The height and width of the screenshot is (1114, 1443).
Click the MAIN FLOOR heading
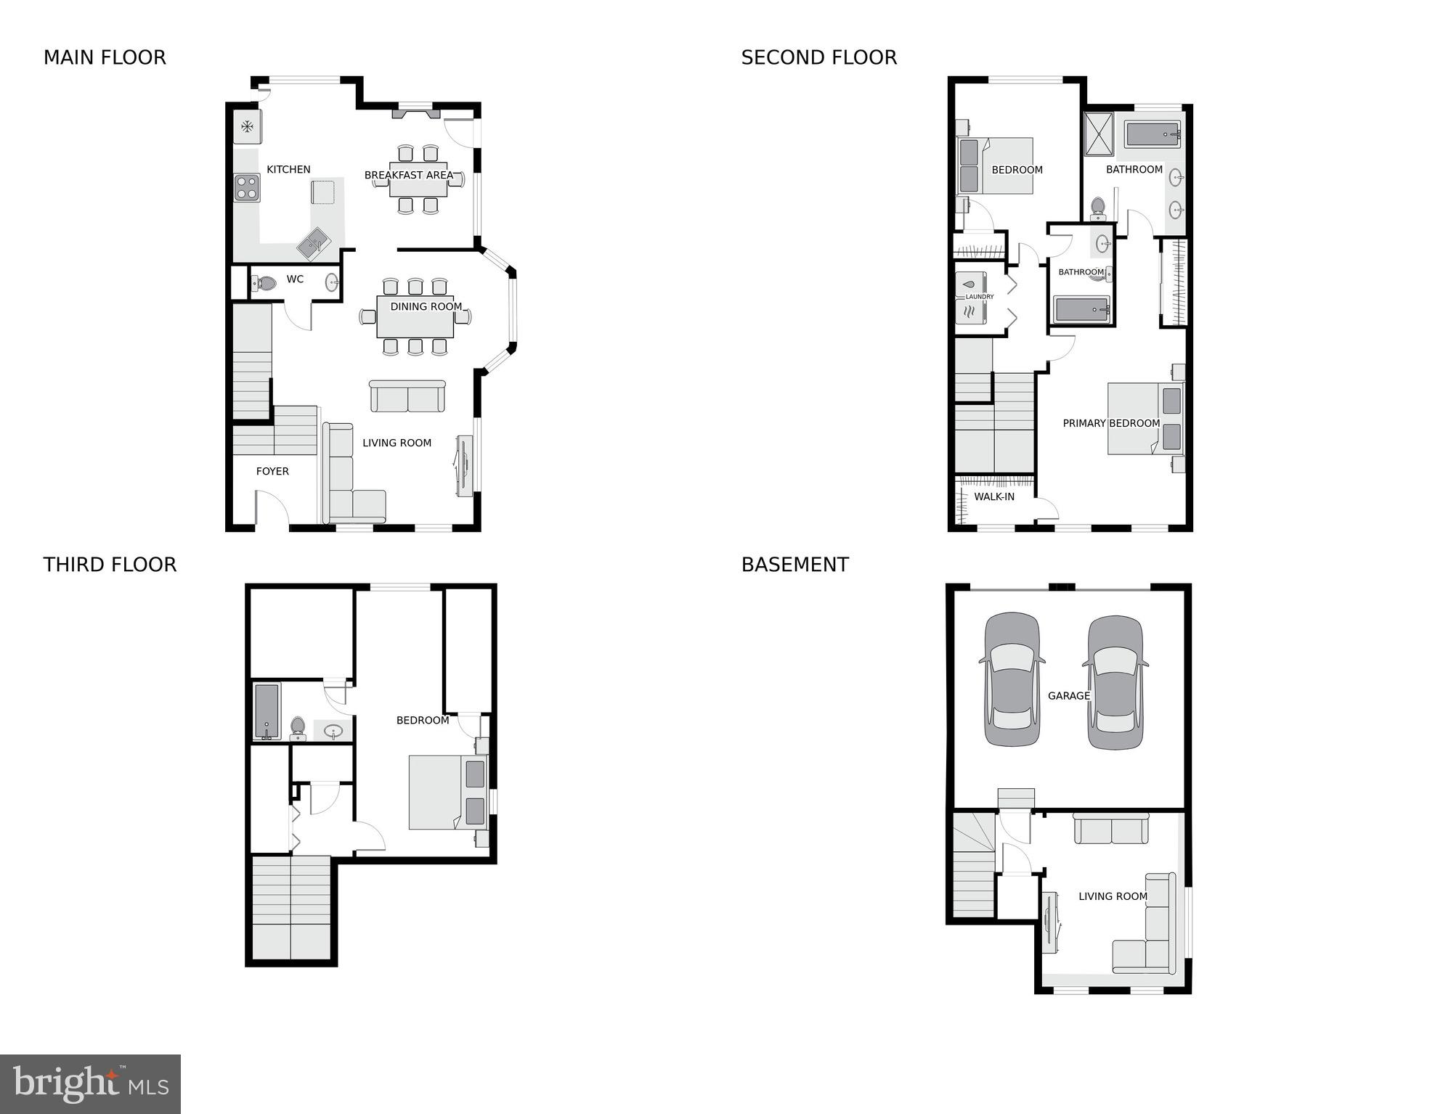click(x=105, y=57)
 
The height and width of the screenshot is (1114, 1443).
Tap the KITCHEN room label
click(x=288, y=169)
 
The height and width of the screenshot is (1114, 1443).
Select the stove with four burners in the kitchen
click(x=247, y=187)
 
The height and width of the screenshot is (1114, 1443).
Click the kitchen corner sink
click(x=314, y=242)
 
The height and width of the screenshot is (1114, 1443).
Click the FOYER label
click(x=272, y=471)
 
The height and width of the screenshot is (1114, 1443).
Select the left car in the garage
click(x=1012, y=680)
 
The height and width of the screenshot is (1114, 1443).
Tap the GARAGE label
click(x=1068, y=695)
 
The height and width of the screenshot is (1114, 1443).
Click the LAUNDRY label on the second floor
click(x=979, y=297)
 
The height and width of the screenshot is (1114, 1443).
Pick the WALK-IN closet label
click(x=993, y=496)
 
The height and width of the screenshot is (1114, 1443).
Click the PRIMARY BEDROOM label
click(x=1110, y=423)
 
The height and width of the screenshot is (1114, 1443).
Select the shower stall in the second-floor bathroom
click(x=1099, y=134)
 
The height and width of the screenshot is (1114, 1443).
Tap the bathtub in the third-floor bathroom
click(x=267, y=710)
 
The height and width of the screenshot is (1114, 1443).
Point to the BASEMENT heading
click(x=794, y=565)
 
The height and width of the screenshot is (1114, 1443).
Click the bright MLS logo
click(x=90, y=1084)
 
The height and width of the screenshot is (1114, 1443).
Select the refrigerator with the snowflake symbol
click(x=247, y=128)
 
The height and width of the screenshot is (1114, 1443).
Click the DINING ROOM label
click(x=426, y=306)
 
